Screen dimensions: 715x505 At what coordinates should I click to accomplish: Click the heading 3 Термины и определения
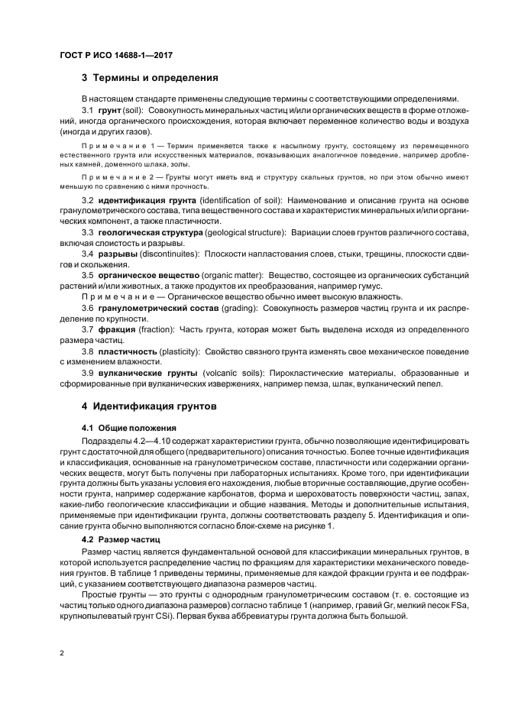(151, 78)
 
